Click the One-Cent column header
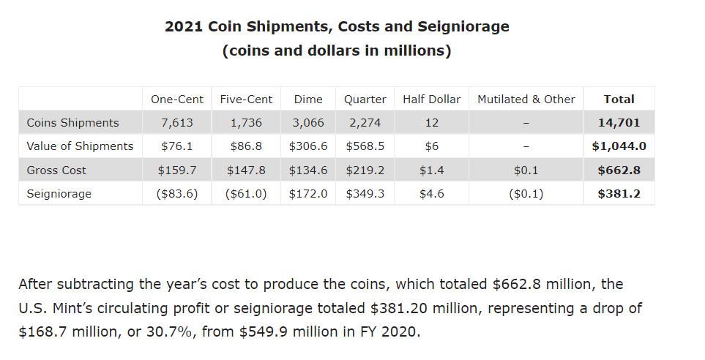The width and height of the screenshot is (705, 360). coord(177,100)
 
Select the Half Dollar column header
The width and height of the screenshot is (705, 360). coord(432,100)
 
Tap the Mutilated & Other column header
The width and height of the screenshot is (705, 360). coord(526,100)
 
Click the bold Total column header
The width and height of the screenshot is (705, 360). coord(619,100)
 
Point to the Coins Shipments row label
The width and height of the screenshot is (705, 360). coord(72,123)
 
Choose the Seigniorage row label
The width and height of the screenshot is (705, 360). coord(59,194)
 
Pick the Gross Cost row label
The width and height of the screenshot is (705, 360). coord(56,170)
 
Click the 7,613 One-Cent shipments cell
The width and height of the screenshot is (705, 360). coord(177,123)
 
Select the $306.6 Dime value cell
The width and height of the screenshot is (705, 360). coord(308,146)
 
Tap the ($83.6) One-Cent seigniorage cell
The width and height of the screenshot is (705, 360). coord(177,194)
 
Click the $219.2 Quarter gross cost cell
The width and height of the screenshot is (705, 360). coord(365,170)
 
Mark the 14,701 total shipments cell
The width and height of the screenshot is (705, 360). coord(619,123)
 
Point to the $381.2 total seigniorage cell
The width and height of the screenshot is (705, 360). coord(619,194)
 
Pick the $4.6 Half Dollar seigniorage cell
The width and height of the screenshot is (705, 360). coord(432,194)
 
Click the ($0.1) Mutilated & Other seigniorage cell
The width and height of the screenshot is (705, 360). coord(526,194)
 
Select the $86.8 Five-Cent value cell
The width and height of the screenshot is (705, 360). coord(246,146)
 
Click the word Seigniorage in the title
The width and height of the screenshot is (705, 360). coord(463,27)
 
